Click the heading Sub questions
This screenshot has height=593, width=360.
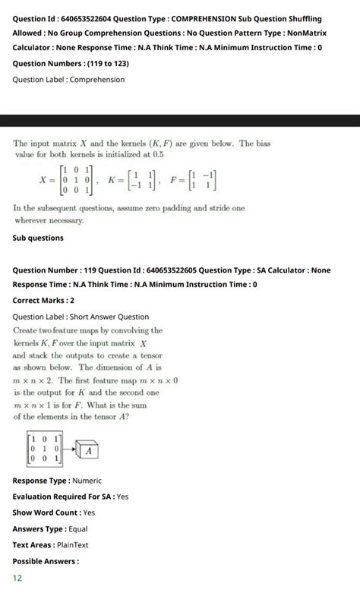39,238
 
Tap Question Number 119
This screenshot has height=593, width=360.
62,270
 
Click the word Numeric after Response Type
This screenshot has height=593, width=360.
87,481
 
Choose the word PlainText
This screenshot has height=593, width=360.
72,544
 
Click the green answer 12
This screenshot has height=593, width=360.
17,578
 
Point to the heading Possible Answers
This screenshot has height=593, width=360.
46,561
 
